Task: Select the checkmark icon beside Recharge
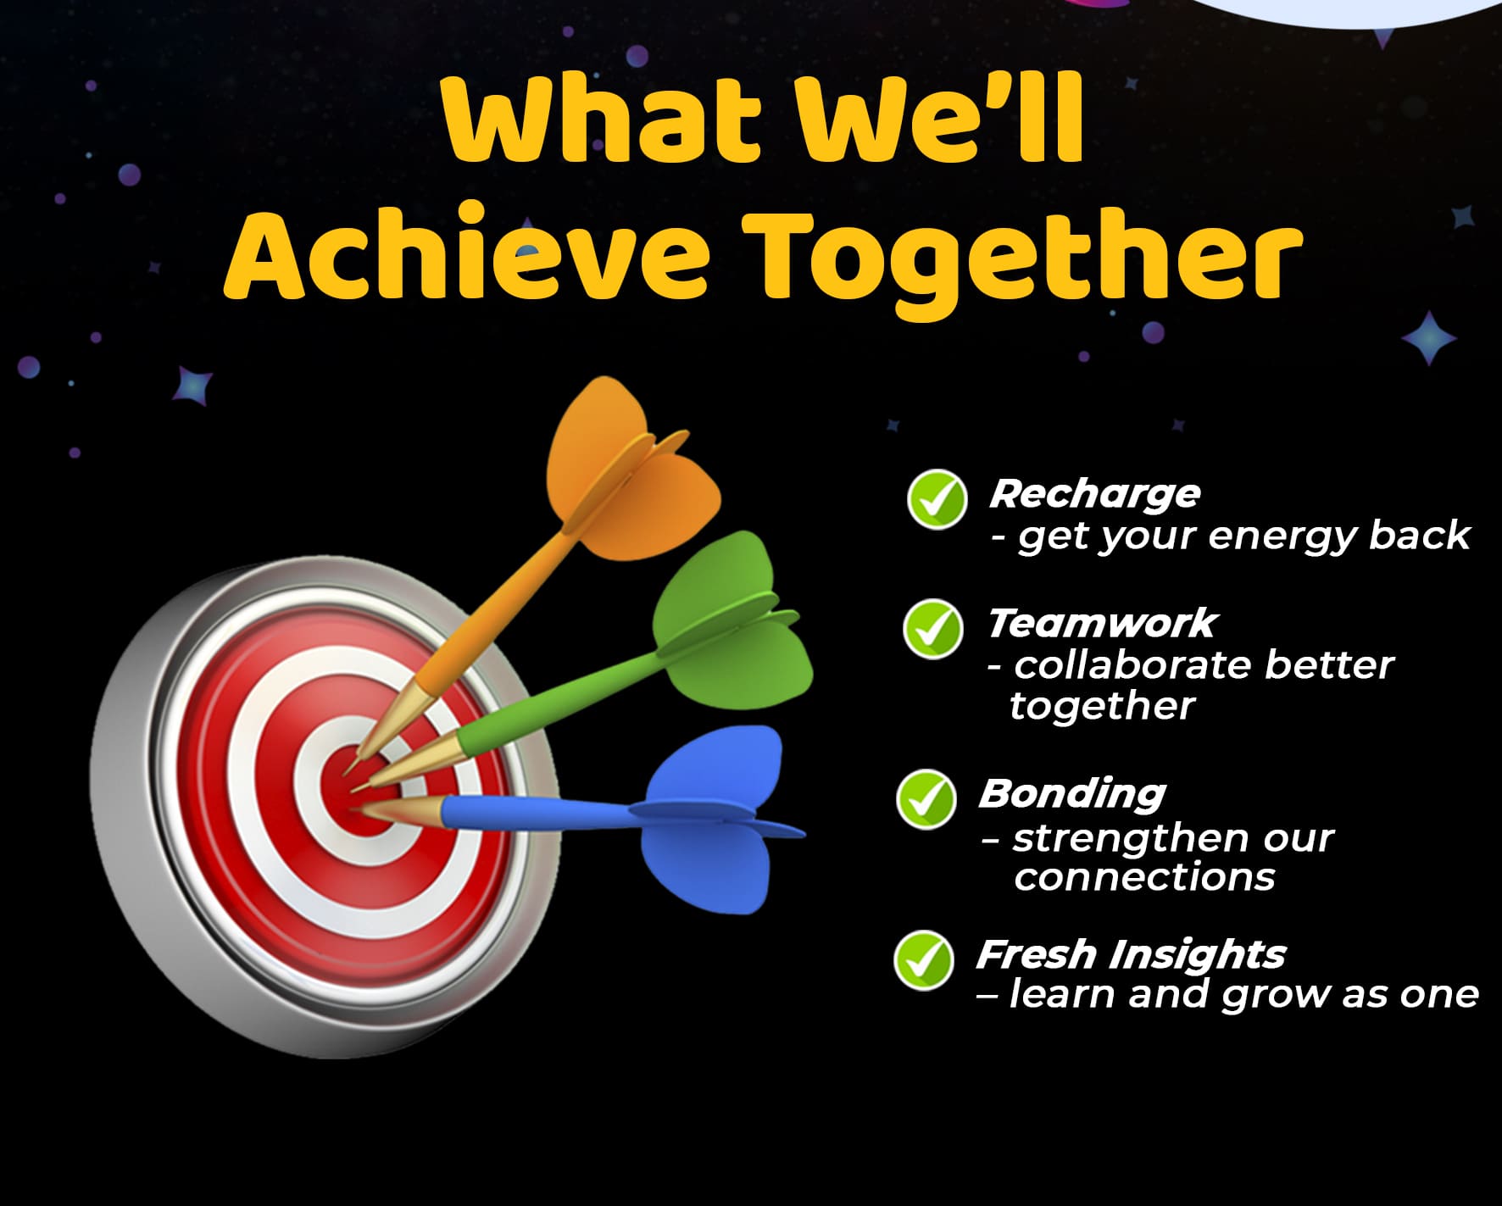pos(937,499)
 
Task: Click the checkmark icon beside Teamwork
pos(932,629)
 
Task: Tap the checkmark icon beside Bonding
pos(926,799)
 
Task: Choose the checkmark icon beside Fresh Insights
pos(923,959)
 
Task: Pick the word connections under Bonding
pos(1144,877)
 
